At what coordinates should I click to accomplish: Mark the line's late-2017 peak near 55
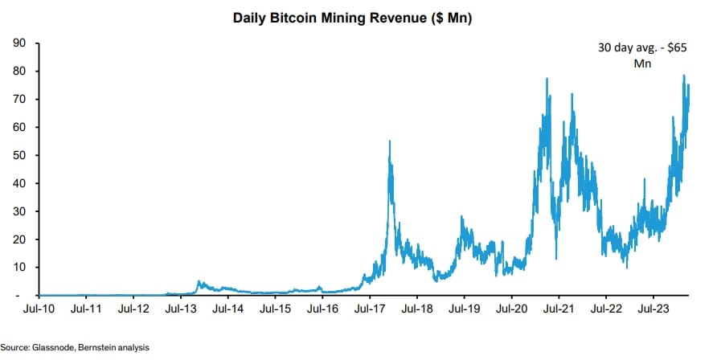point(390,141)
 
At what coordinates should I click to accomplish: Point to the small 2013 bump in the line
point(199,282)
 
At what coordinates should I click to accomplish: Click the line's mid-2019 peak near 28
point(461,216)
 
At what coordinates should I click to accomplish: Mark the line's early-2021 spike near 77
point(547,79)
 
